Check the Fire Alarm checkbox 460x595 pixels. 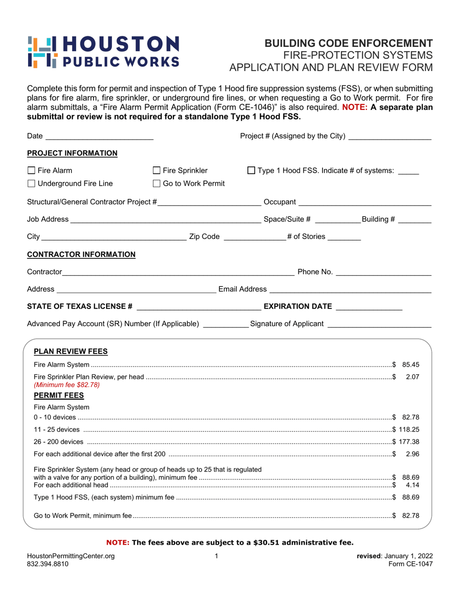tap(31, 170)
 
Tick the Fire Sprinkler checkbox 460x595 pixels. tap(156, 170)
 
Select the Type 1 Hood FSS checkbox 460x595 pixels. tap(251, 170)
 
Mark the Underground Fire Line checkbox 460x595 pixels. tap(31, 183)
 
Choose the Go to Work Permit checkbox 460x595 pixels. tap(156, 183)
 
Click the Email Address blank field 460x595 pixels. tap(350, 289)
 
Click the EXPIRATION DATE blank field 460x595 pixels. tap(369, 307)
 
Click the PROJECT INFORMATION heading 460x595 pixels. tap(72, 153)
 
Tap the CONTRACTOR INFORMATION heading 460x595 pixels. tap(81, 254)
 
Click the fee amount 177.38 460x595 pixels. tap(408, 441)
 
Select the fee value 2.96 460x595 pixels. tap(412, 454)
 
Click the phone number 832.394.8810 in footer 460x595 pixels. tap(48, 564)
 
